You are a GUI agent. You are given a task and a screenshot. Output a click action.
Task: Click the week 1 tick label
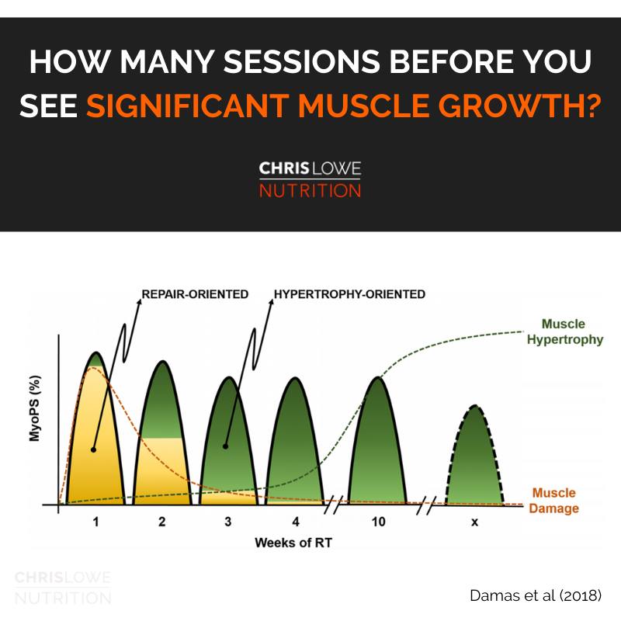tap(95, 522)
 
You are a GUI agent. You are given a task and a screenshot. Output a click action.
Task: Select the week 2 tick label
tap(161, 522)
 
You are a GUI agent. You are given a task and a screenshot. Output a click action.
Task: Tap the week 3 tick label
tap(227, 522)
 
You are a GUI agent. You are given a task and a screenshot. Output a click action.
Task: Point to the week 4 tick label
tap(294, 522)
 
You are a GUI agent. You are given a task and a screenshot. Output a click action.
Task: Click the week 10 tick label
tap(378, 522)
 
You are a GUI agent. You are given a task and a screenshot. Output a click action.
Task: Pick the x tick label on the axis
tap(474, 522)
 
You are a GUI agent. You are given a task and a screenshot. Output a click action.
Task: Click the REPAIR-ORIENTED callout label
tap(195, 294)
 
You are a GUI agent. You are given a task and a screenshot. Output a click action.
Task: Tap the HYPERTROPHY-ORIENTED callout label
tap(349, 294)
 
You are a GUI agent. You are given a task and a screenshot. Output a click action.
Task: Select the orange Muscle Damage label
tap(555, 501)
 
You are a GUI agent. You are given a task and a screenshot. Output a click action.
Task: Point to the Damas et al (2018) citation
tap(535, 595)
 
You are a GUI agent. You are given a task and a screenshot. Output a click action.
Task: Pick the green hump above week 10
tap(377, 442)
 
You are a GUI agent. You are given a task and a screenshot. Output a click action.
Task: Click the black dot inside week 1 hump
tap(93, 449)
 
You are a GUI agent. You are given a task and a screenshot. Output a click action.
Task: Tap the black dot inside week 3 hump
tap(225, 446)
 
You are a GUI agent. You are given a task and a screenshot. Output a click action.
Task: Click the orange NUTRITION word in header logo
tap(310, 189)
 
